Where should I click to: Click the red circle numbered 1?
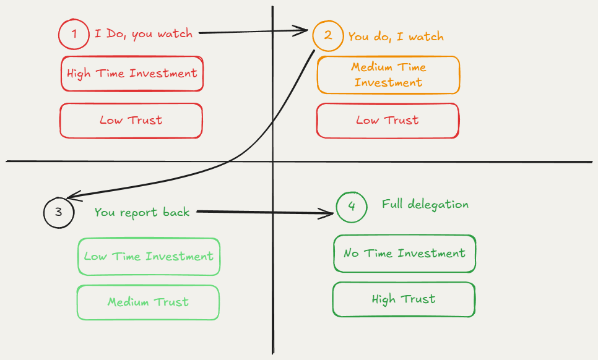pyautogui.click(x=74, y=34)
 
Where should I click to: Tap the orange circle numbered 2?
pyautogui.click(x=328, y=35)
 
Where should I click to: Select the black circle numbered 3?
pyautogui.click(x=59, y=212)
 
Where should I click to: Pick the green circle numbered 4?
pyautogui.click(x=352, y=207)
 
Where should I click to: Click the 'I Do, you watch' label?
pyautogui.click(x=143, y=33)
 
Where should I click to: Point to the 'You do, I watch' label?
pyautogui.click(x=396, y=36)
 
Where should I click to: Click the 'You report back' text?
pyautogui.click(x=142, y=212)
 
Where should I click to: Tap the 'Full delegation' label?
pyautogui.click(x=425, y=204)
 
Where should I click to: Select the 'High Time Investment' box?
pyautogui.click(x=132, y=74)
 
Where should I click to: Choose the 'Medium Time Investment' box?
pyautogui.click(x=388, y=75)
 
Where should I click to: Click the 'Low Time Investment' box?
pyautogui.click(x=149, y=256)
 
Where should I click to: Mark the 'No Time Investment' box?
pyautogui.click(x=404, y=253)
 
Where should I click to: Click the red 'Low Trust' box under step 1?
pyautogui.click(x=131, y=120)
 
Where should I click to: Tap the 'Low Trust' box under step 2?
pyautogui.click(x=388, y=120)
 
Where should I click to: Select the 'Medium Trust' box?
pyautogui.click(x=148, y=302)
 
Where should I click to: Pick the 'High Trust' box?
pyautogui.click(x=404, y=299)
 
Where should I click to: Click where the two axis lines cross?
pyautogui.click(x=272, y=162)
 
